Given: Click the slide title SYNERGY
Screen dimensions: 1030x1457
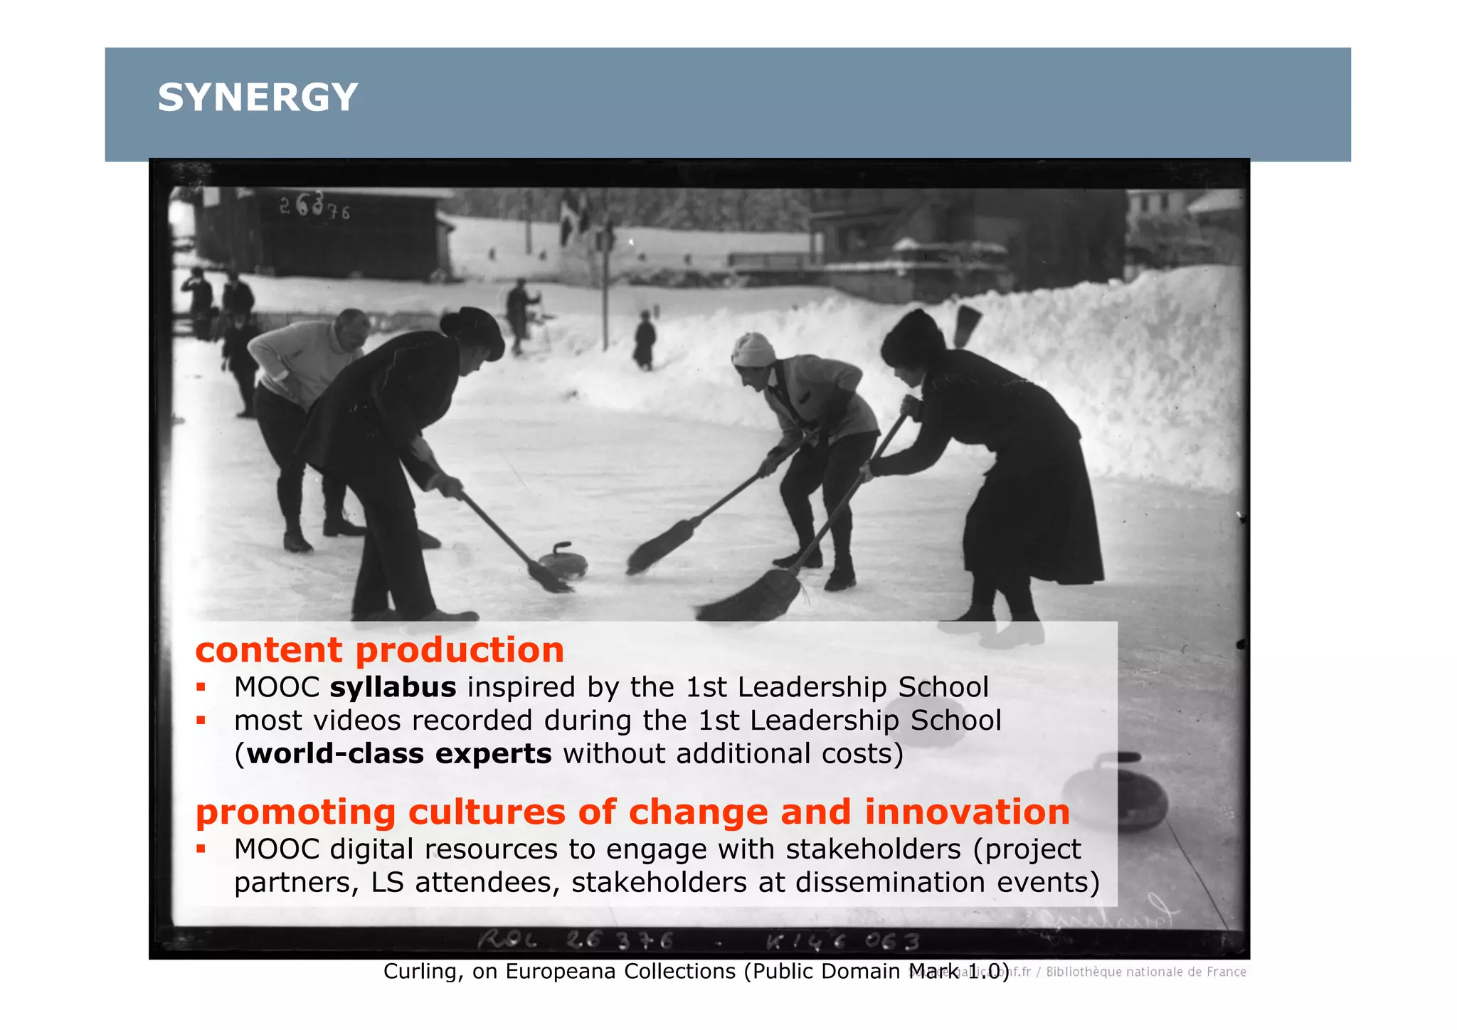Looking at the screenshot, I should [258, 97].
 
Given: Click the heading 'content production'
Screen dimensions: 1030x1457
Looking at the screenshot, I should [379, 650].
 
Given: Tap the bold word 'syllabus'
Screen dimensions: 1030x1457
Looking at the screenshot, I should [393, 687].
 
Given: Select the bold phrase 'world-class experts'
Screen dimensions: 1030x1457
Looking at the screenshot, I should [399, 753].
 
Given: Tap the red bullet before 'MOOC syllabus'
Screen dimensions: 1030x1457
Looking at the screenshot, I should [201, 687].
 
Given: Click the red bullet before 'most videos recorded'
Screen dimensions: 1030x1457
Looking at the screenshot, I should [201, 721].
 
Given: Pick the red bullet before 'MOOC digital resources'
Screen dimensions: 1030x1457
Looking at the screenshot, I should [201, 849].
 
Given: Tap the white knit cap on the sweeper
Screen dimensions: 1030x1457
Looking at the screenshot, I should [753, 349].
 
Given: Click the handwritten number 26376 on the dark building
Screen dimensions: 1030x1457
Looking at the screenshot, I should [314, 208].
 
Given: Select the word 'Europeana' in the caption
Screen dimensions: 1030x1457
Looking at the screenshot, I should [561, 971].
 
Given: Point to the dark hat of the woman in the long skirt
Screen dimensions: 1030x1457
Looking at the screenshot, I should [913, 338].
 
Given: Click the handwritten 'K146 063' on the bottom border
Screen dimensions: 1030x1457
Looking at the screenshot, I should [842, 942].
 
